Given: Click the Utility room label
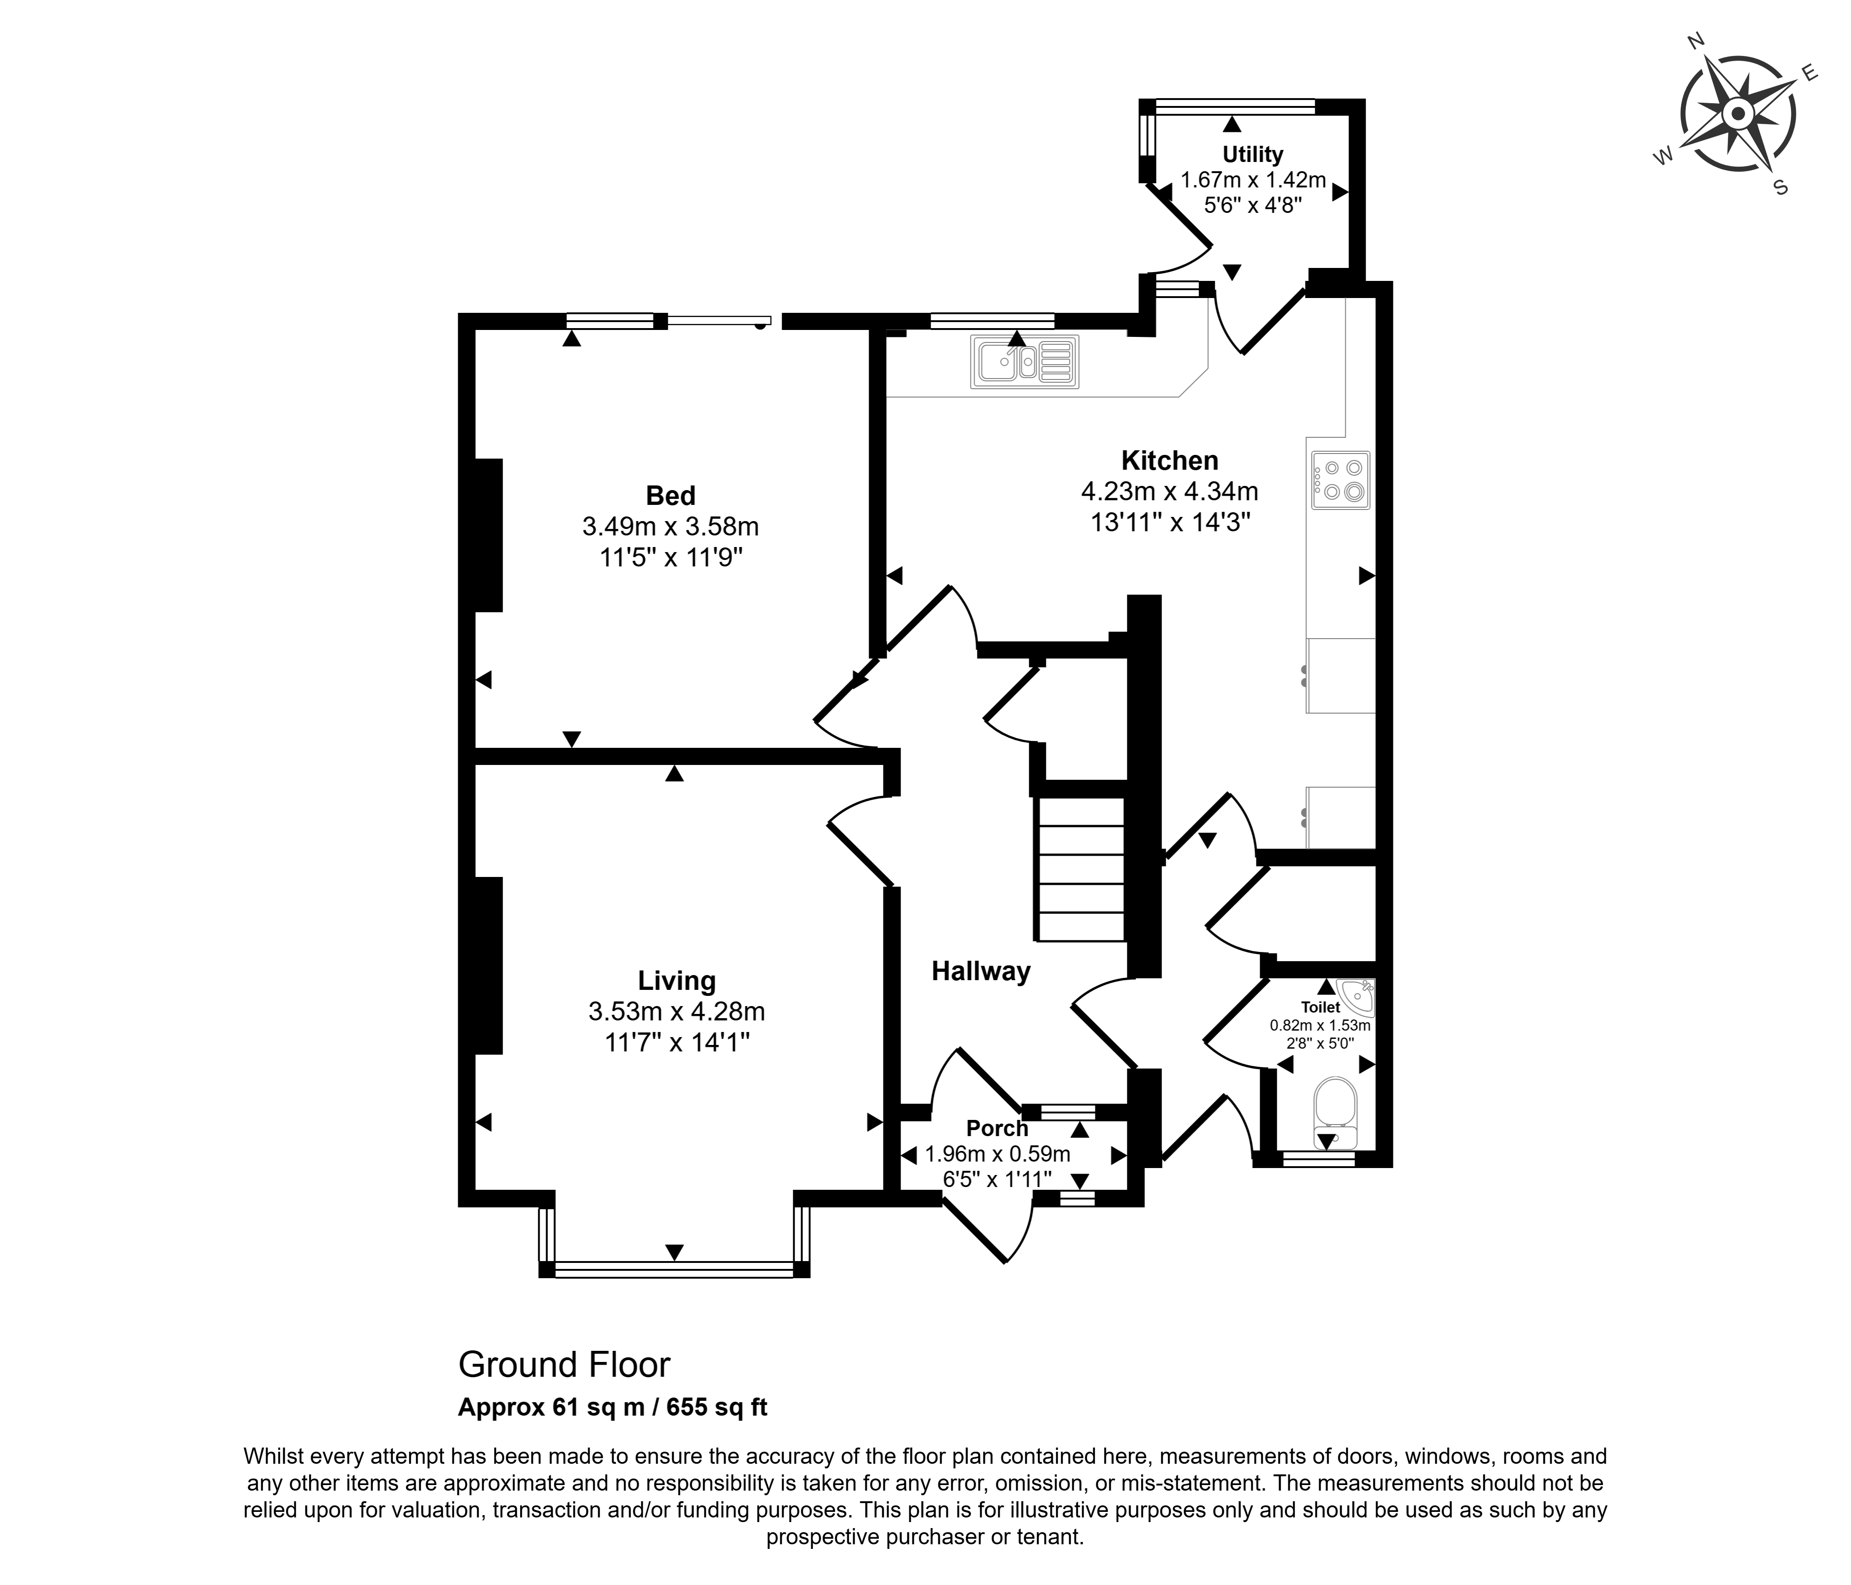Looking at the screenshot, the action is pos(1253,155).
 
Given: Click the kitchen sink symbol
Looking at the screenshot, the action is pos(1025,362).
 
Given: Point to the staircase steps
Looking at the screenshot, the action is pos(1079,870).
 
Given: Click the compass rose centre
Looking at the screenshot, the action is pos(1738,113).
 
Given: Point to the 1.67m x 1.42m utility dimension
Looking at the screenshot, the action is pos(1253,180).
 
